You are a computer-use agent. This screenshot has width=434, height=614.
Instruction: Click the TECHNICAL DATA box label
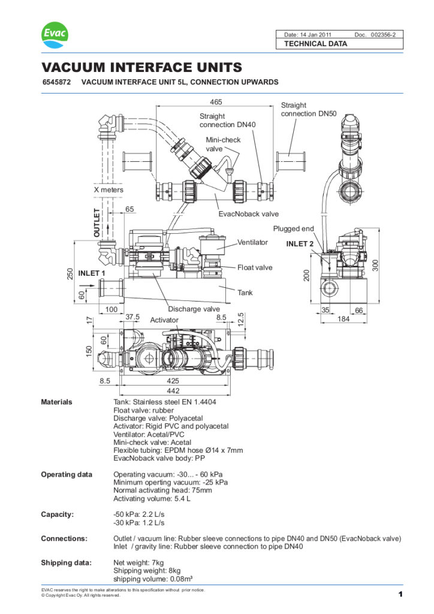[x=315, y=44]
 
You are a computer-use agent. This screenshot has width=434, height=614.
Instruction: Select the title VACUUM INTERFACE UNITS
[x=141, y=67]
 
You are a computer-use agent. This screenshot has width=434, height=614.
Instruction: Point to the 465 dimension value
[x=216, y=103]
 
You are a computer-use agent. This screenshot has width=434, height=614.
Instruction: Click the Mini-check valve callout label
[x=223, y=144]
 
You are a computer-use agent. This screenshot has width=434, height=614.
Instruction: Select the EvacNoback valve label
[x=248, y=213]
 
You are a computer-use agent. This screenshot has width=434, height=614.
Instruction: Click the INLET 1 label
[x=92, y=273]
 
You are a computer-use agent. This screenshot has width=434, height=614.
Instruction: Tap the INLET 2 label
[x=300, y=243]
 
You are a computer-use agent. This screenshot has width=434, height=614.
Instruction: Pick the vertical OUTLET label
[x=98, y=222]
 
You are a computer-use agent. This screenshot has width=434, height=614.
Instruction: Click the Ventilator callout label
[x=252, y=242]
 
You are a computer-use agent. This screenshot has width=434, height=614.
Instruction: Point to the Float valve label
[x=255, y=267]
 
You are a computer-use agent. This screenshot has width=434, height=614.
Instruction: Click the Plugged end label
[x=293, y=228]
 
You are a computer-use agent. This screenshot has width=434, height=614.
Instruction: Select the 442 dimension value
[x=172, y=390]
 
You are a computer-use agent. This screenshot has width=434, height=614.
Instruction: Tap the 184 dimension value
[x=343, y=319]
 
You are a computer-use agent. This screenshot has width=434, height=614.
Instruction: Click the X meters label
[x=108, y=189]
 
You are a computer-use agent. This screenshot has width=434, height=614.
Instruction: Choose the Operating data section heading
[x=66, y=474]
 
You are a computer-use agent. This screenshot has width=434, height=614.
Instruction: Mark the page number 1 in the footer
[x=399, y=594]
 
